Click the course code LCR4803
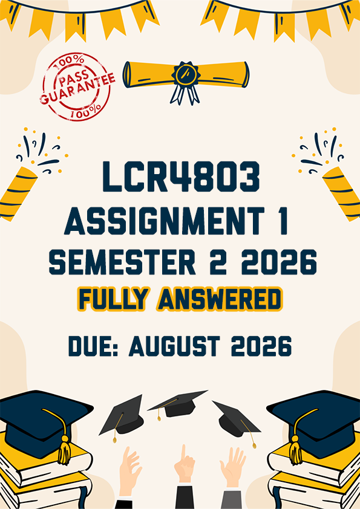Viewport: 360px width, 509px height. (x=182, y=177)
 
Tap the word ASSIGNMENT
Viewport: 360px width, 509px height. (x=164, y=220)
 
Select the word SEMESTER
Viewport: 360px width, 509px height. (x=122, y=262)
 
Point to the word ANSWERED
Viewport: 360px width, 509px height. (x=220, y=299)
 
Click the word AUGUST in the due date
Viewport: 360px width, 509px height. (x=174, y=346)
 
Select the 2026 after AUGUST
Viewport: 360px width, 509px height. (x=261, y=346)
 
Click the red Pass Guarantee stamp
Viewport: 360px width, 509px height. (x=77, y=86)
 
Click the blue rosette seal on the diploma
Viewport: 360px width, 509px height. (x=186, y=81)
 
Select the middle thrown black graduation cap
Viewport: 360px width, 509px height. (x=177, y=404)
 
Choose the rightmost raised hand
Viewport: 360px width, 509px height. (x=233, y=467)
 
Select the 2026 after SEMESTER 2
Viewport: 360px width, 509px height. (x=279, y=262)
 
